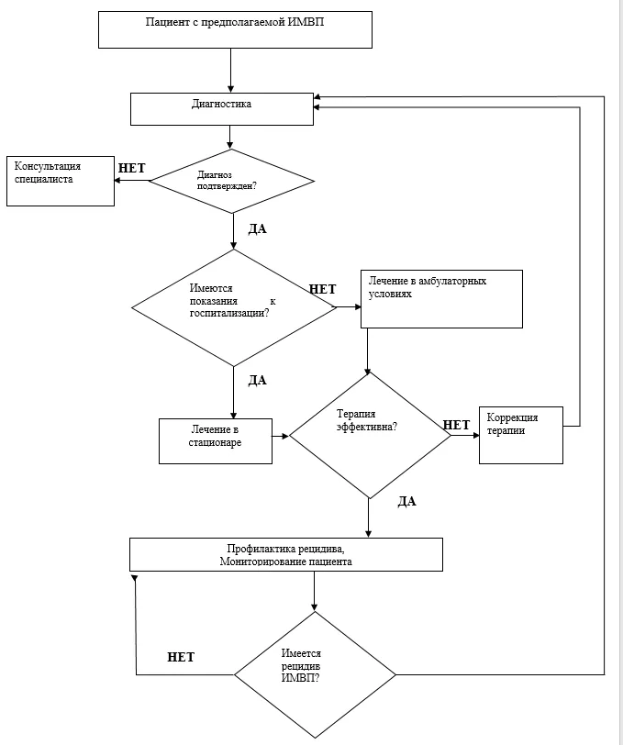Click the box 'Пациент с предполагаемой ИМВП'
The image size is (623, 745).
point(235,29)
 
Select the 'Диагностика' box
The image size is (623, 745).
point(222,109)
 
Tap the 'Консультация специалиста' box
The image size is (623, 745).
point(61,181)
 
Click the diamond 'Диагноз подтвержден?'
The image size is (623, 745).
point(231,181)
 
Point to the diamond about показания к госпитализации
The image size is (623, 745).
point(234,307)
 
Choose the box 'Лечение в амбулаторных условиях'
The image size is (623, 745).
point(441,299)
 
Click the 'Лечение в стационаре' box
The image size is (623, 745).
point(216,441)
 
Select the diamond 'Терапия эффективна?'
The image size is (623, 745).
point(370,435)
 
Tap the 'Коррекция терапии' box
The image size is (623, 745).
point(521,435)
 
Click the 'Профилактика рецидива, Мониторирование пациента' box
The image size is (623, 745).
point(286,554)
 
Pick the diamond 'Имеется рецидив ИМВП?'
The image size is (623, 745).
point(315,674)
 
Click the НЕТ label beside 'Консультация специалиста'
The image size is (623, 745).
point(131,168)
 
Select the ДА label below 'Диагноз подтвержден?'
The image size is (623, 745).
point(258,229)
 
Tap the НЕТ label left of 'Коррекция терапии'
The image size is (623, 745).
point(456,425)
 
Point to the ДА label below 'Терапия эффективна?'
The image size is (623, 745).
point(406,501)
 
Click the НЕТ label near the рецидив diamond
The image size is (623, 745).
point(181,657)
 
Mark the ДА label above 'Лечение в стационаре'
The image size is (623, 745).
point(258,380)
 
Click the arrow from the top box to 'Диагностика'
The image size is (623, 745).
point(231,71)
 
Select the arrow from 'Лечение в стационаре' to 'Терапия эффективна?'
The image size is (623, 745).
point(281,436)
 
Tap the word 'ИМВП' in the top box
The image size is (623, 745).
point(306,22)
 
